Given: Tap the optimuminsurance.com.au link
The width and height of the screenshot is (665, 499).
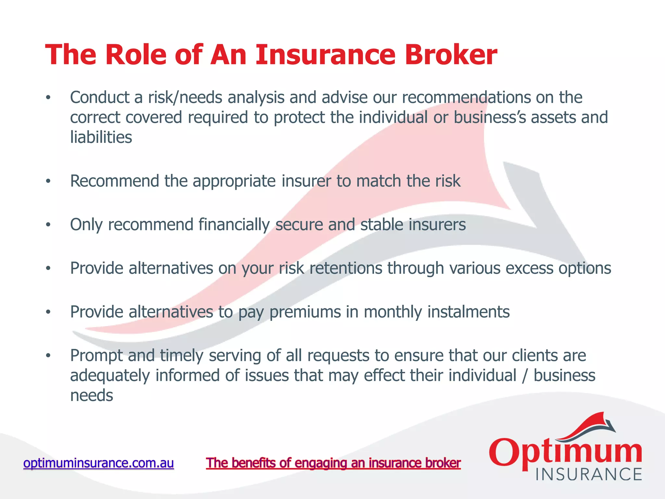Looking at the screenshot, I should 99,463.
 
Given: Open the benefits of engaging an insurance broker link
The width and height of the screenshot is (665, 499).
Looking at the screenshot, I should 333,463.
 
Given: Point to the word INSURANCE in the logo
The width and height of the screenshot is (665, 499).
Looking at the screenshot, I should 588,475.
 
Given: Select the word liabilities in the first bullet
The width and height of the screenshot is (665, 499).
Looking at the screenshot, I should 101,137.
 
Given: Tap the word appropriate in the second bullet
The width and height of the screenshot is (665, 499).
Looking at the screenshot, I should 234,181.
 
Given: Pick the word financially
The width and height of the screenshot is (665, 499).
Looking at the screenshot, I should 234,225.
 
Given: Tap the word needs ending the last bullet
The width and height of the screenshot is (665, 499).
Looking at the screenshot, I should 92,396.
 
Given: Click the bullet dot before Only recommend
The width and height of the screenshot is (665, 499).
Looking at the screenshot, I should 48,225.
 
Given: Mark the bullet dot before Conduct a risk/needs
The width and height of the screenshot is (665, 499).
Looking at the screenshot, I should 48,97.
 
